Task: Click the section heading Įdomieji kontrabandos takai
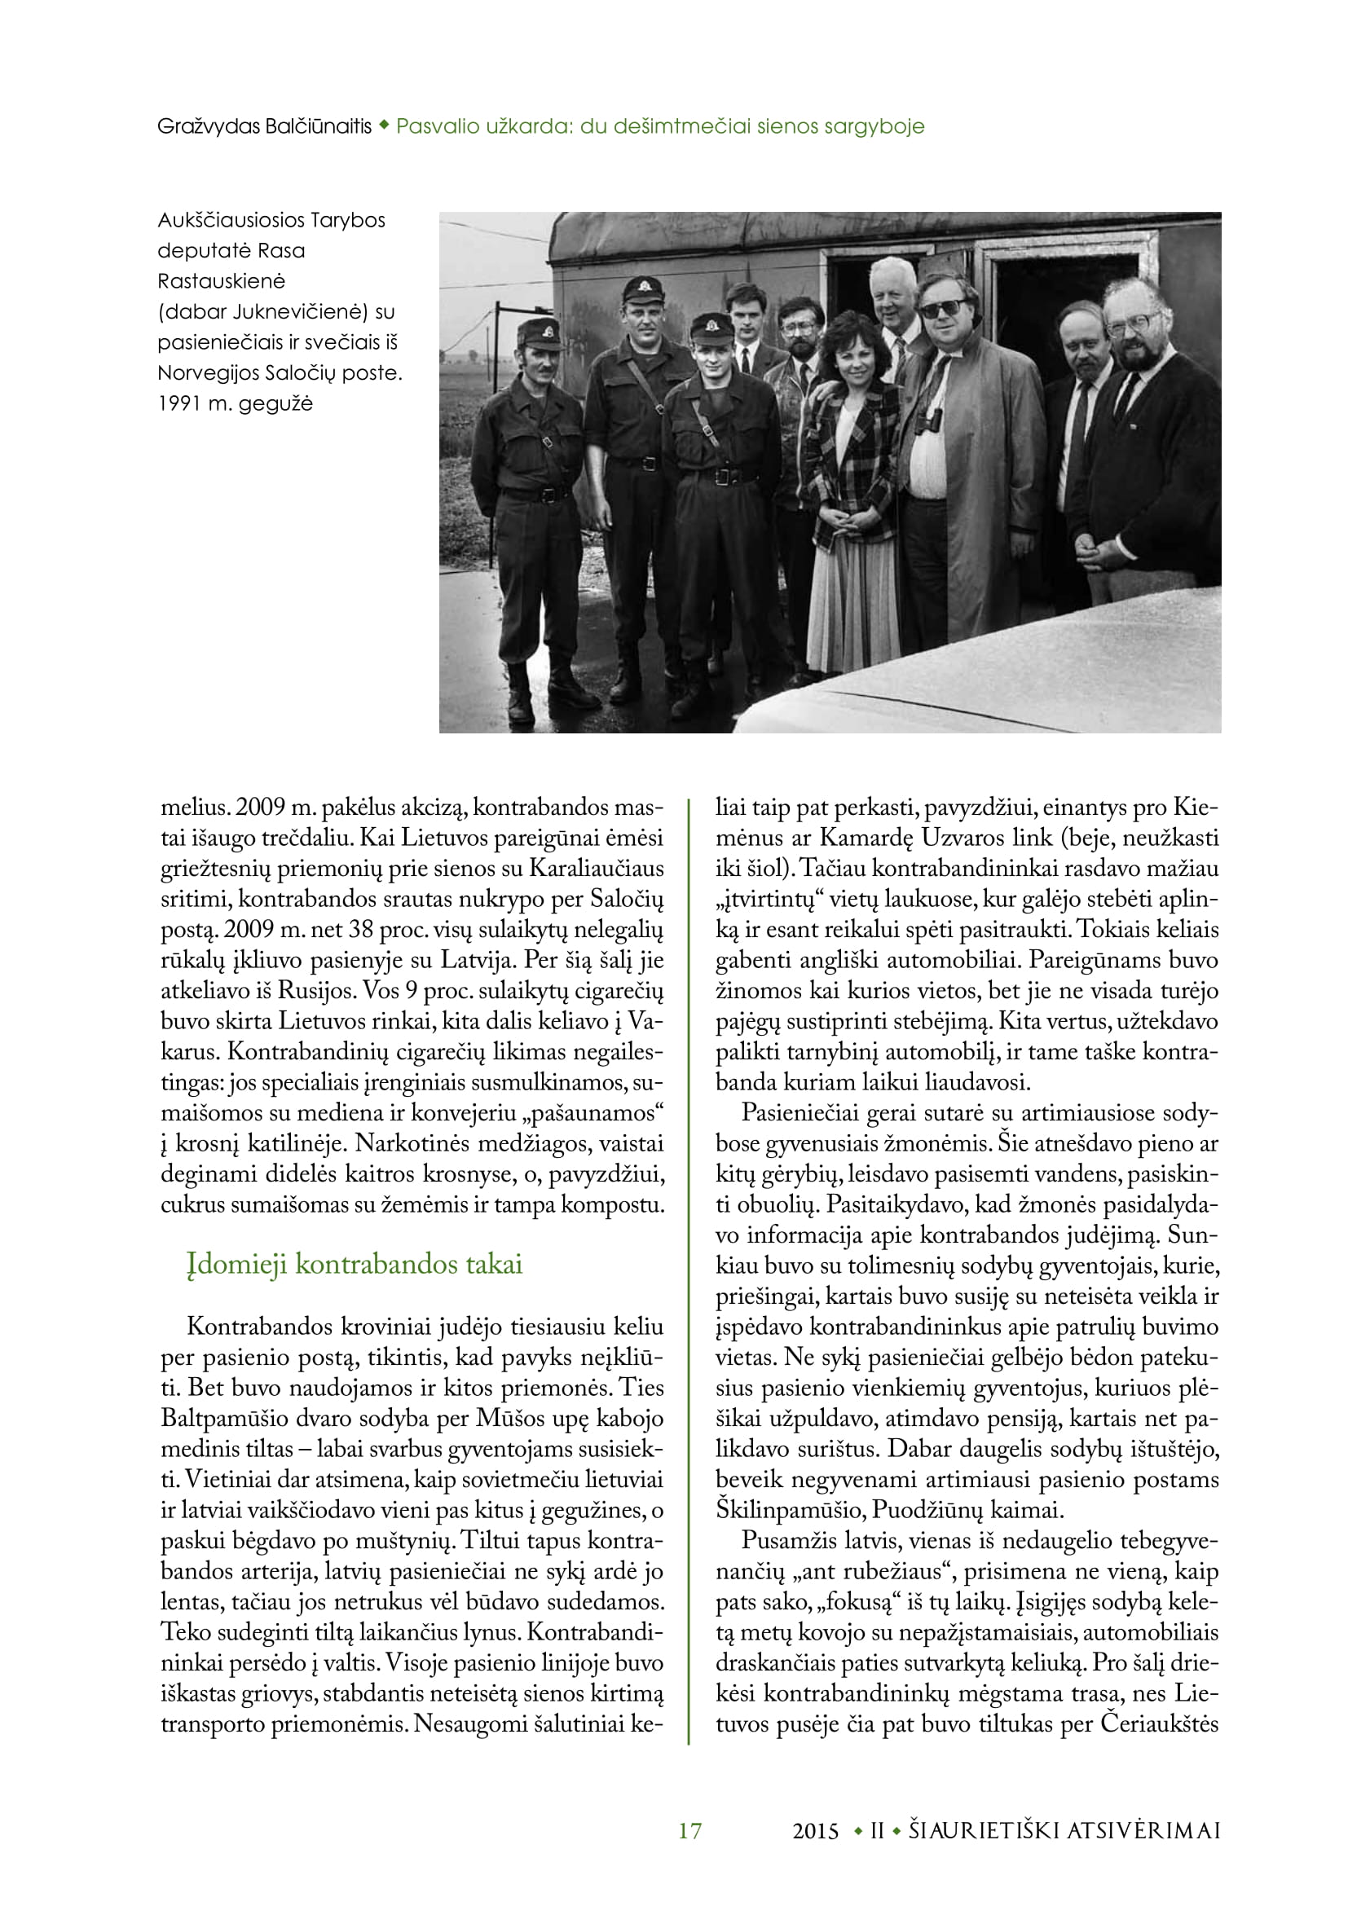[355, 1265]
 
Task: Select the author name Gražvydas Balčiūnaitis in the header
[265, 126]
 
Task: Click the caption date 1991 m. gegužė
[236, 403]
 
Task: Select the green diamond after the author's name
[384, 126]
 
